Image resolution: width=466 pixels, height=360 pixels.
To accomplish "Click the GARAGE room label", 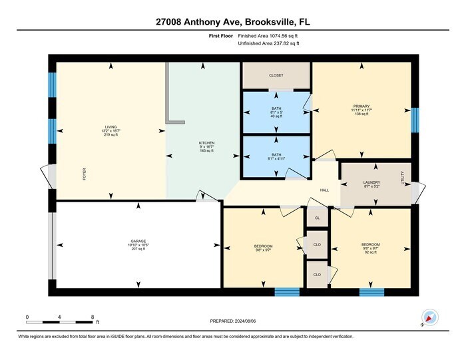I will (x=138, y=241).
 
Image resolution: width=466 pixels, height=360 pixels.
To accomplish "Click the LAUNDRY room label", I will (x=371, y=182).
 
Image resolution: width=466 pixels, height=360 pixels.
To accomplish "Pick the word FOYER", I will (x=85, y=174).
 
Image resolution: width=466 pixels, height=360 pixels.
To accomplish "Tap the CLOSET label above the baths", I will (x=276, y=76).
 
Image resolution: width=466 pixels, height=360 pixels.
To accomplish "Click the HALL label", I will (x=324, y=190).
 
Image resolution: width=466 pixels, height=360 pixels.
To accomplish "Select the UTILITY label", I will (x=402, y=178).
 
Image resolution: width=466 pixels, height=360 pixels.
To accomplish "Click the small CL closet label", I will (x=317, y=218).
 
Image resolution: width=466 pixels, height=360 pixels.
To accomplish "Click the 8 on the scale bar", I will (x=93, y=317).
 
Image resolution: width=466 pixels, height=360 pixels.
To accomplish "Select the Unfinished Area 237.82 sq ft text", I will (x=268, y=43).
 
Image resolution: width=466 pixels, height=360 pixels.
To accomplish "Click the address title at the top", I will (x=232, y=22).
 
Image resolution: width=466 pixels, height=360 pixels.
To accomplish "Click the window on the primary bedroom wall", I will (x=415, y=120).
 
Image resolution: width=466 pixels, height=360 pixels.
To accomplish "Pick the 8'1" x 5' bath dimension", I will (x=276, y=112).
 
